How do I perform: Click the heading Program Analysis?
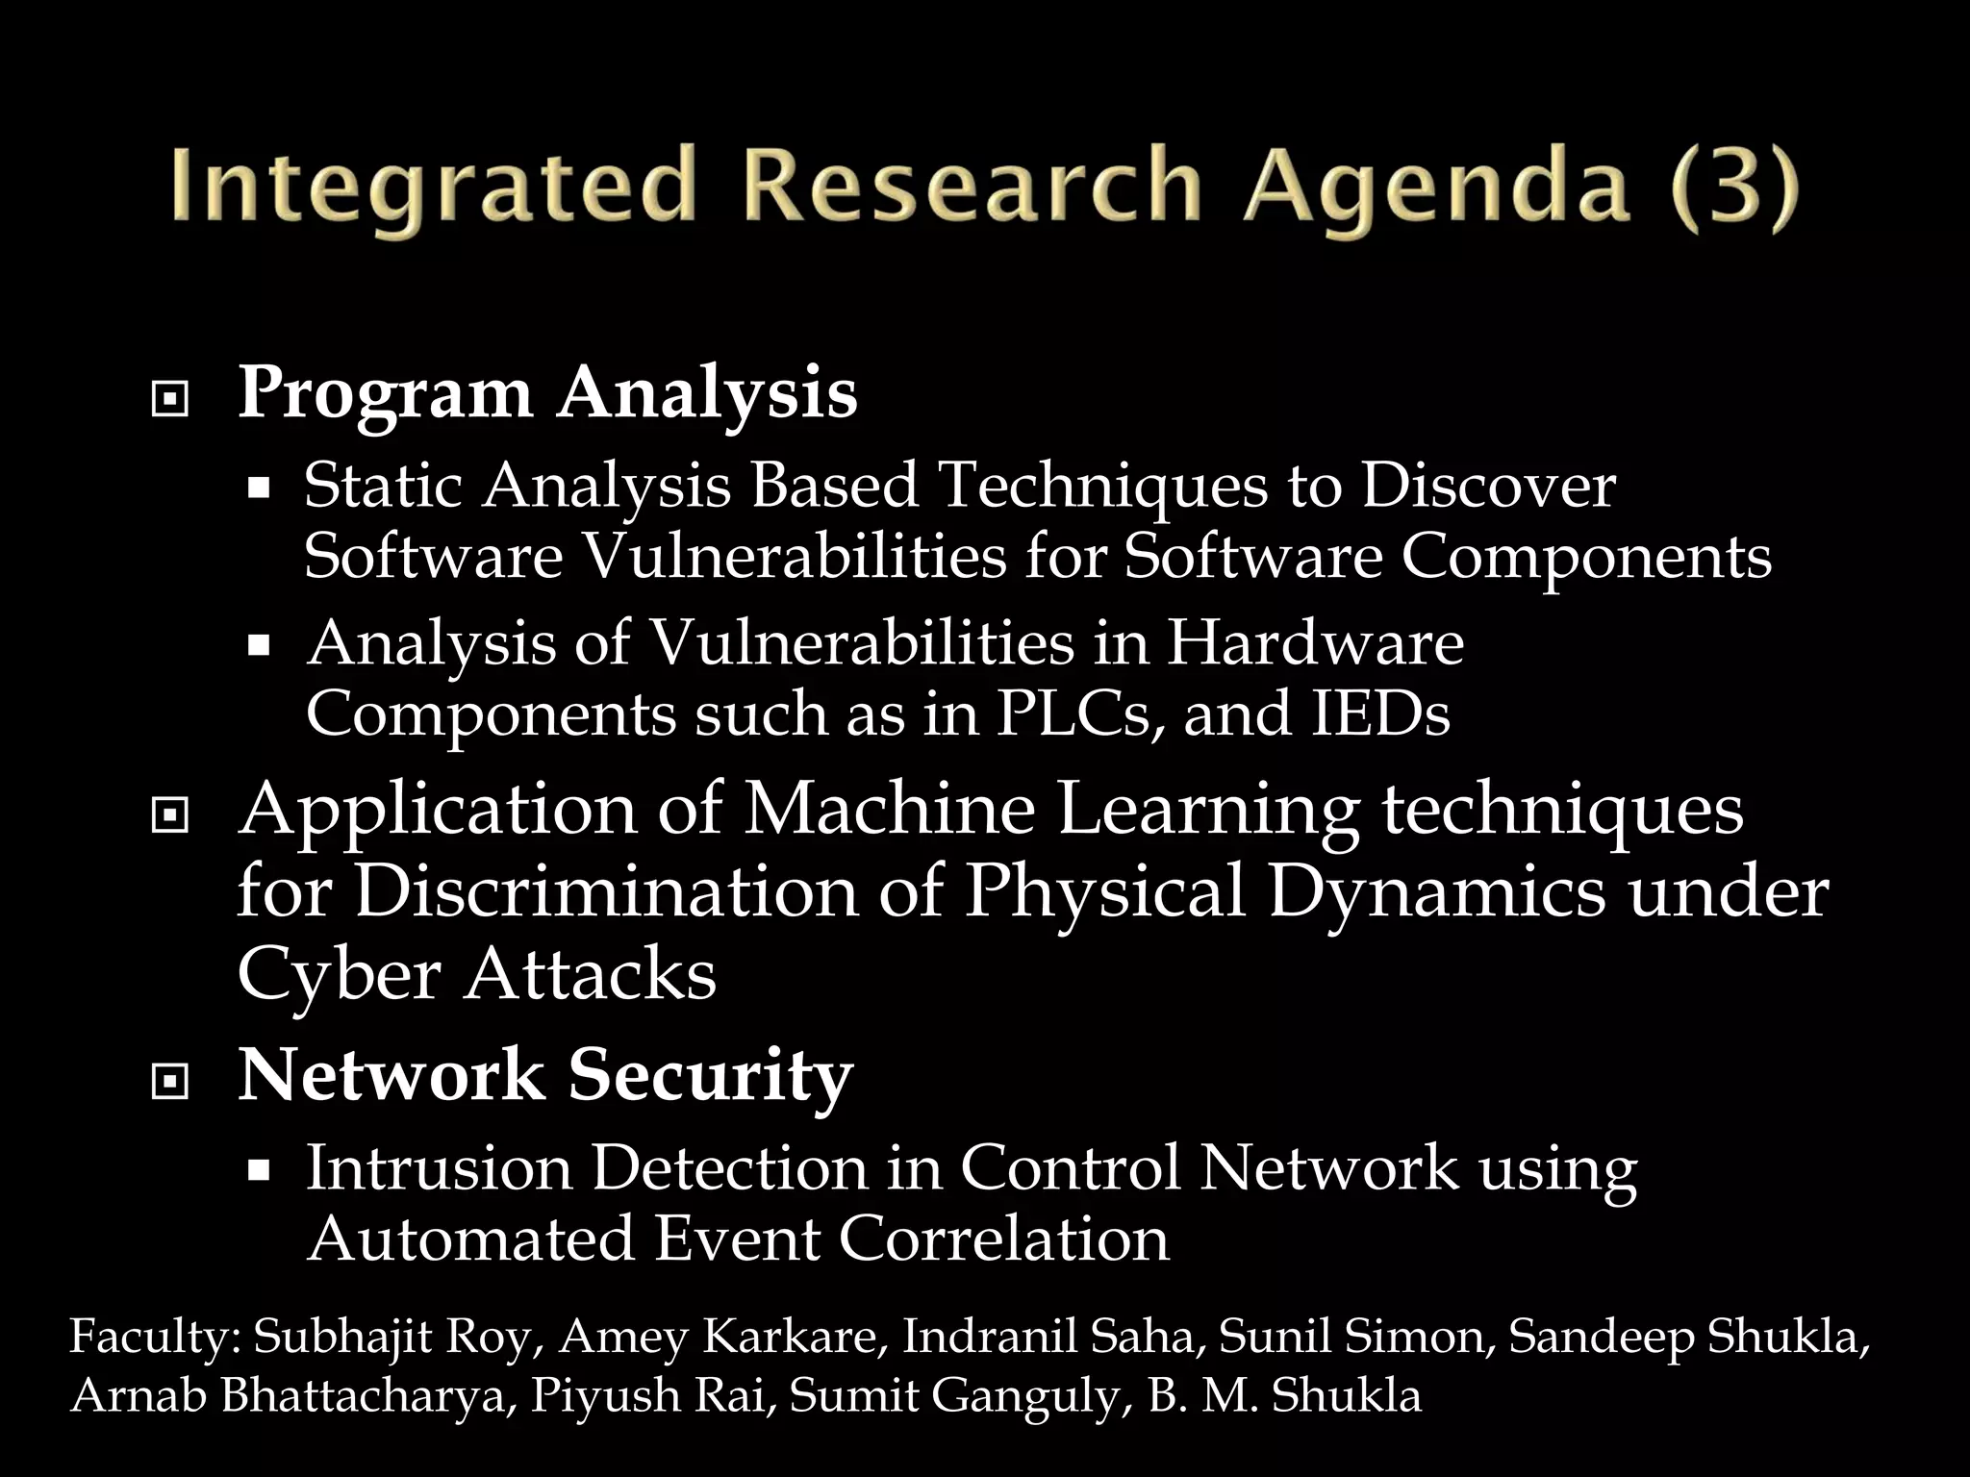546,393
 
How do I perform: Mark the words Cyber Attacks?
476,973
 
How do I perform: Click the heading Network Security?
544,1074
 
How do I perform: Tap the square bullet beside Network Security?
170,1082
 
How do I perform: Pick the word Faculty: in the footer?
154,1338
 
